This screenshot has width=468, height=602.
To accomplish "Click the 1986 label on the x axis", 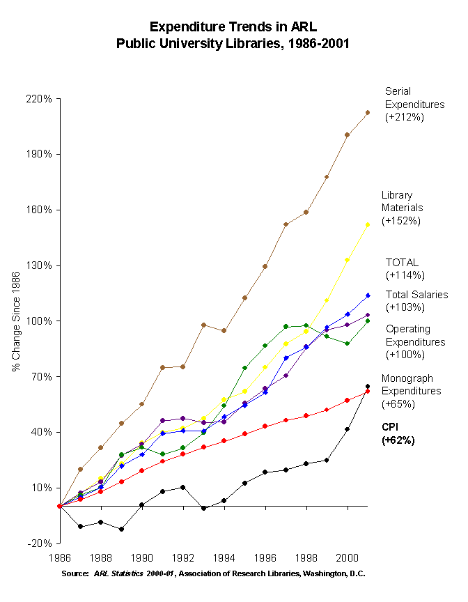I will coord(60,558).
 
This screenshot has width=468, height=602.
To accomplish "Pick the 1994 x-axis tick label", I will coord(224,558).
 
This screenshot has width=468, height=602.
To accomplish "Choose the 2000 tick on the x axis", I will coord(347,558).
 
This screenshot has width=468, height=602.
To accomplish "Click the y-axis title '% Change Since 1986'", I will coord(15,321).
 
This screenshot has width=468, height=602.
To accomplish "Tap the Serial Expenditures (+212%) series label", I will coord(414,104).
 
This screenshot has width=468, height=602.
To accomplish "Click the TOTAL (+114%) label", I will coord(403,269).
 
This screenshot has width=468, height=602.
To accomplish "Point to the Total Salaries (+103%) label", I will coord(416,300).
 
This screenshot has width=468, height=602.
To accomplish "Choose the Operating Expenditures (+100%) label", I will coord(415,341).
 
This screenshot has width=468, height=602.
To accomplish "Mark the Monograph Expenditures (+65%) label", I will coord(411,391).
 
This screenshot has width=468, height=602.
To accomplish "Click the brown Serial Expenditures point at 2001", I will coord(367,112).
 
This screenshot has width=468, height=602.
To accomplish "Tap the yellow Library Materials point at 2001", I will coord(367,224).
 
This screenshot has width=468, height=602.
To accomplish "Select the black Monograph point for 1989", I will coord(121,529).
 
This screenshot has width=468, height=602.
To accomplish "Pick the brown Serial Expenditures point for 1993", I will coord(203,325).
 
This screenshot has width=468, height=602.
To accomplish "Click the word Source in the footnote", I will coord(76,573).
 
